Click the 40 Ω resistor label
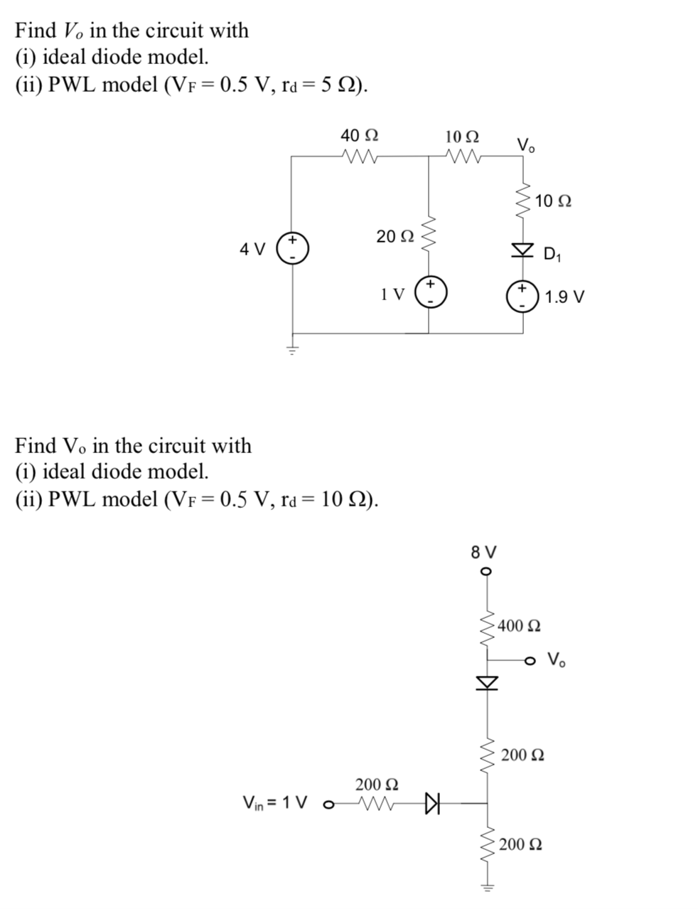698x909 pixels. click(360, 135)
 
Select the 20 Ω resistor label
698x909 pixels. click(394, 236)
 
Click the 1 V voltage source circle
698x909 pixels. click(429, 292)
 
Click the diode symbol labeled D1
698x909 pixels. click(524, 250)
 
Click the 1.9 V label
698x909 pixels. click(565, 297)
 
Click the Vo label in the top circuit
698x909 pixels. click(527, 145)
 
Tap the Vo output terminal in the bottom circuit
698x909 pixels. click(530, 661)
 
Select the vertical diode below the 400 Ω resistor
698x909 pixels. click(487, 683)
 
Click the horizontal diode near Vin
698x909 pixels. click(432, 804)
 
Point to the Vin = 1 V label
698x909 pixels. click(276, 803)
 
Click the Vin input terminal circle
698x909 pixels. click(328, 805)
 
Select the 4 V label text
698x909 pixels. click(252, 249)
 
